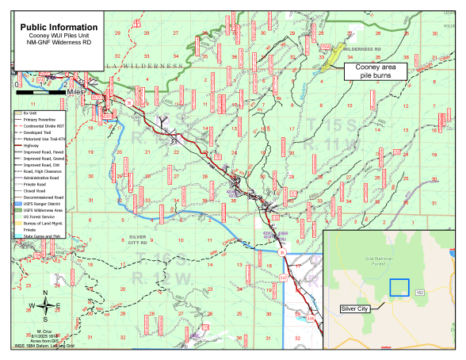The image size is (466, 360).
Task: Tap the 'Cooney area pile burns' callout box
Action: [x=375, y=71]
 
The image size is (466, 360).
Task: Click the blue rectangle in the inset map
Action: [x=399, y=287]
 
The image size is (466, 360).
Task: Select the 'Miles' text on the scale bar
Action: [x=75, y=92]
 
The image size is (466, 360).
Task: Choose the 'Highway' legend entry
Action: [x=32, y=144]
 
